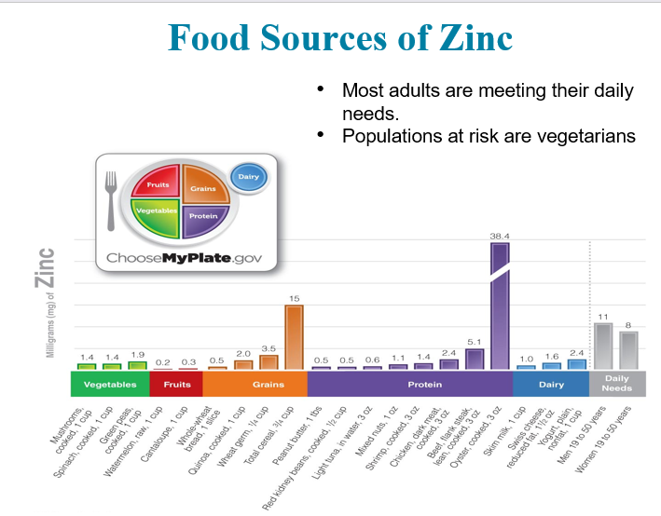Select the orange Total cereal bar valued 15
click(x=294, y=337)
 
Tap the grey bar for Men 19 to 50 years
click(x=603, y=346)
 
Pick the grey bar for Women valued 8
click(x=628, y=350)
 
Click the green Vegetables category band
click(x=110, y=384)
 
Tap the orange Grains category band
click(x=255, y=384)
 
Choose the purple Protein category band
click(x=410, y=384)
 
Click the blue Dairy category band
click(x=551, y=384)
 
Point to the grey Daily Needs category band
click(x=616, y=384)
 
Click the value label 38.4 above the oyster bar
click(x=501, y=237)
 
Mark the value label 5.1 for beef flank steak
click(x=475, y=342)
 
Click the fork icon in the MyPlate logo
click(x=111, y=199)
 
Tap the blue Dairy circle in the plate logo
click(x=248, y=176)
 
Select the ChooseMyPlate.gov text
click(x=186, y=257)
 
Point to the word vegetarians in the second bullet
click(x=584, y=136)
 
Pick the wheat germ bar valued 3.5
click(x=269, y=362)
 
